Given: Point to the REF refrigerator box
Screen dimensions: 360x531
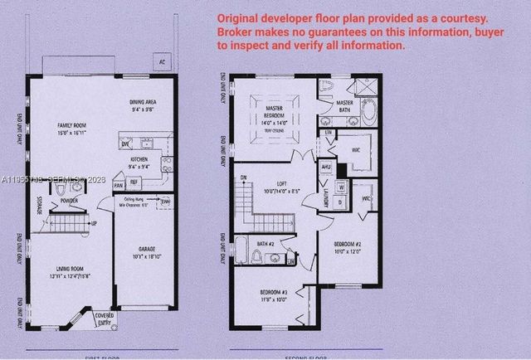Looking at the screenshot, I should click(x=133, y=183).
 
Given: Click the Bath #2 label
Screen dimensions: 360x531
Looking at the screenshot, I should click(x=265, y=243).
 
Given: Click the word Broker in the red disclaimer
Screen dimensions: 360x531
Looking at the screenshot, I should click(x=237, y=32).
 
